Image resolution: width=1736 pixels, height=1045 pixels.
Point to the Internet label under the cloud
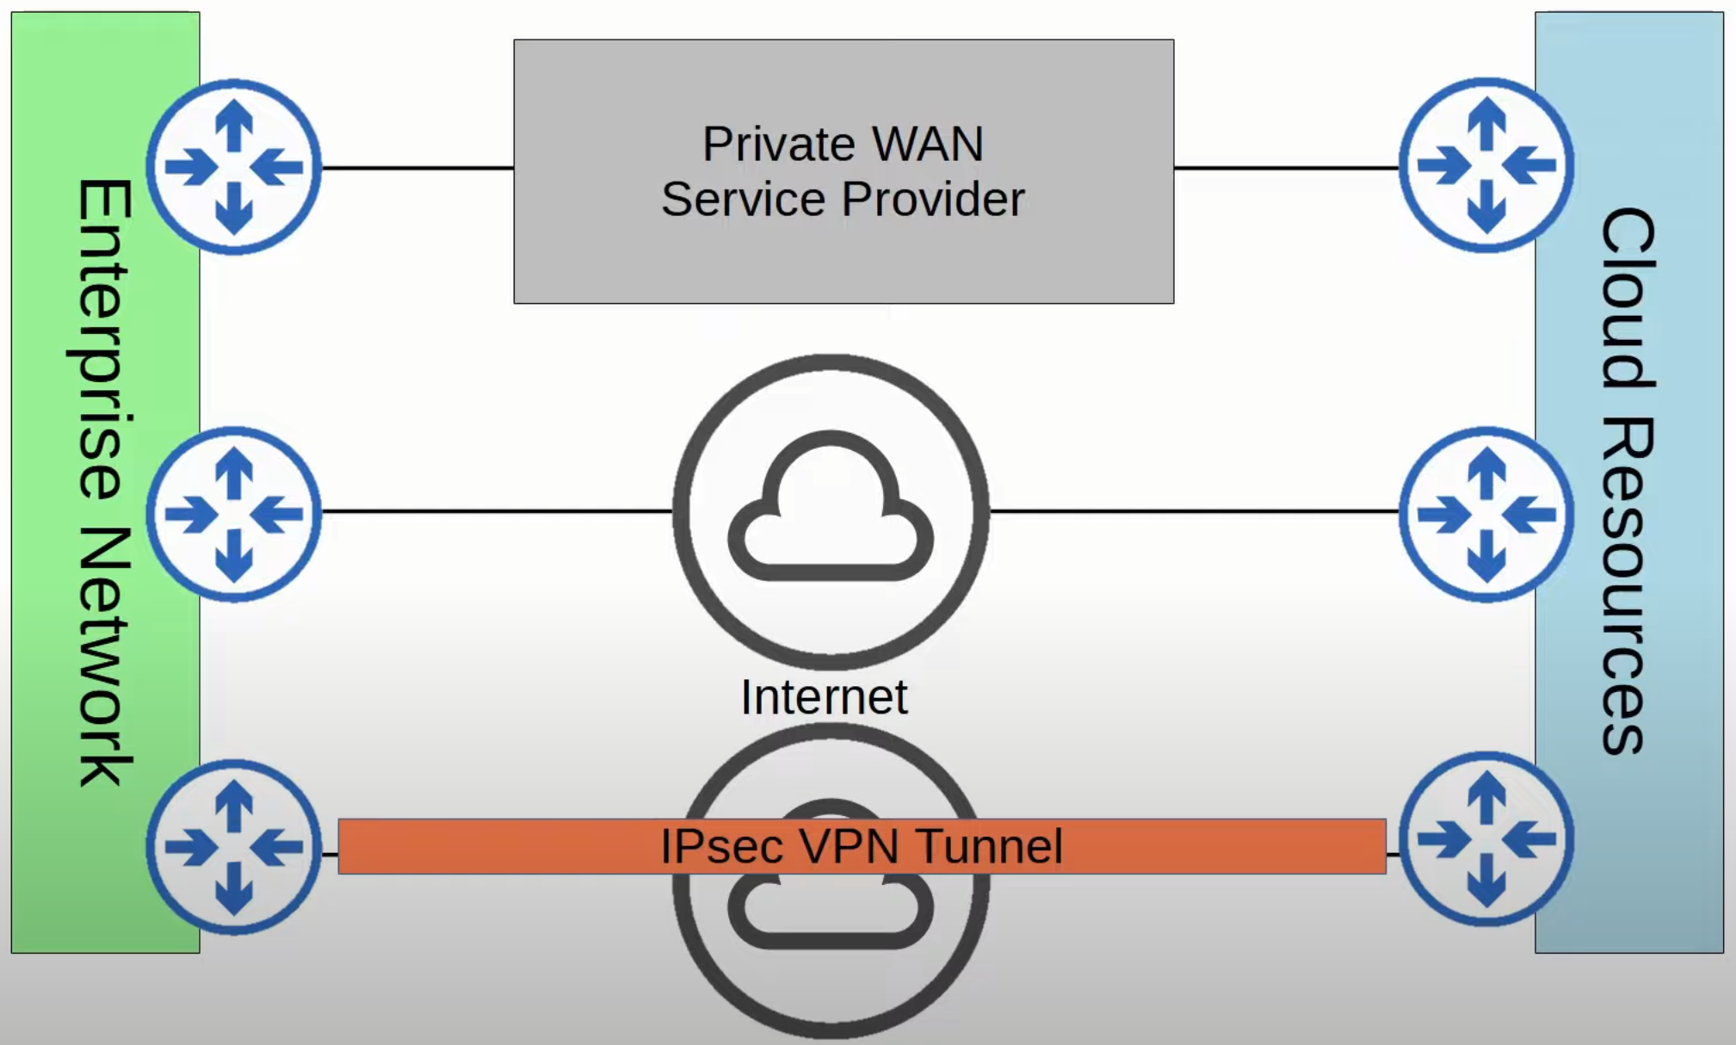pos(824,697)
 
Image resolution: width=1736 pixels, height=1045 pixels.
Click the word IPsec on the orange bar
pos(722,846)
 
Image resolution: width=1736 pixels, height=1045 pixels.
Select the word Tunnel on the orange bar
pos(989,846)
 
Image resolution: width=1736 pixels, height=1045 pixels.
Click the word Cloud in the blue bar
pos(1628,297)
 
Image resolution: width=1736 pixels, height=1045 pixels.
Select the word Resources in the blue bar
pos(1628,585)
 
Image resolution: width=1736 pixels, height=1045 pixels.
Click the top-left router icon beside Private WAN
pos(234,167)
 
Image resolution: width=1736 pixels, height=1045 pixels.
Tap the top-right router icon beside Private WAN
pos(1486,165)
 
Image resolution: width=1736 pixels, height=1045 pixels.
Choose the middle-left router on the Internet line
pos(234,514)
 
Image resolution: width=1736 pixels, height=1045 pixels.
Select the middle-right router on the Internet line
pos(1486,514)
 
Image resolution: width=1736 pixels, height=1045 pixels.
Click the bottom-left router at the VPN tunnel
pos(234,846)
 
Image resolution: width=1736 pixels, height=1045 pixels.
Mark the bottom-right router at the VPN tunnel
pos(1486,839)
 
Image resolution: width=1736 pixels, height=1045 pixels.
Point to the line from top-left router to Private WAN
pos(417,168)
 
